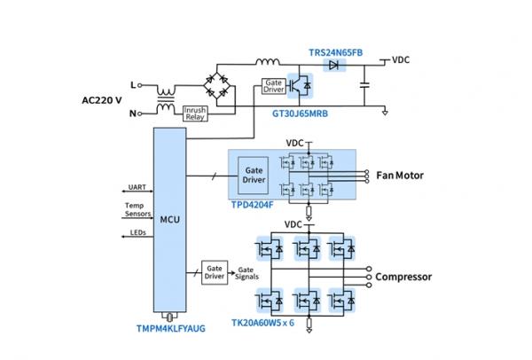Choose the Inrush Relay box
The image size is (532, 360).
[x=195, y=113]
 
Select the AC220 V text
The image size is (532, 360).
[x=98, y=99]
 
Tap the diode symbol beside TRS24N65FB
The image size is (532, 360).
[x=333, y=64]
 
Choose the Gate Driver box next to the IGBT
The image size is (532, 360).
[x=271, y=87]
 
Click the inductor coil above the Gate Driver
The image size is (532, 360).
[x=266, y=62]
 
